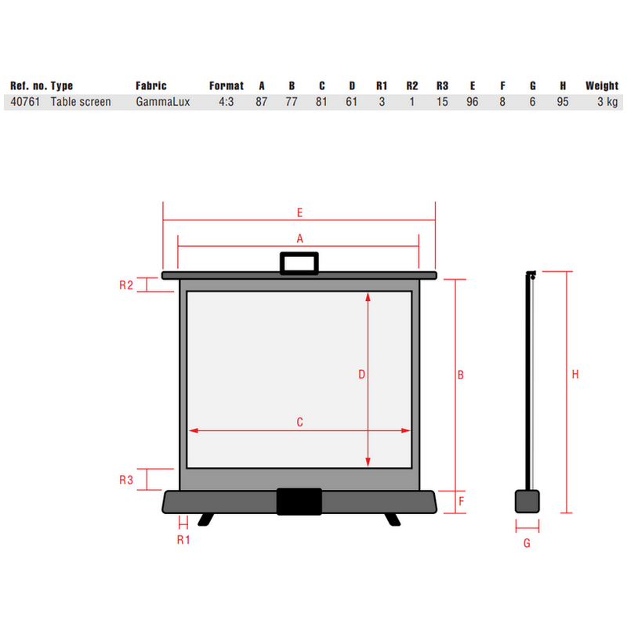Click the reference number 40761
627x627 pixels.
pyautogui.click(x=25, y=102)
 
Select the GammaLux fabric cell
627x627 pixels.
pyautogui.click(x=163, y=102)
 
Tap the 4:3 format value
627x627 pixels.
pyautogui.click(x=226, y=102)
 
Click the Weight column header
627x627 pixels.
pyautogui.click(x=602, y=86)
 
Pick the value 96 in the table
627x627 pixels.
pyautogui.click(x=473, y=102)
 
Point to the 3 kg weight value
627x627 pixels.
pyautogui.click(x=607, y=102)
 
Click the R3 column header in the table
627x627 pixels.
pyautogui.click(x=442, y=86)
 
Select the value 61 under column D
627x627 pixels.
pyautogui.click(x=351, y=102)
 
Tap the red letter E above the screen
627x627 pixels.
pyautogui.click(x=299, y=212)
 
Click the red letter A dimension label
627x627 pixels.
pyautogui.click(x=300, y=239)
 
